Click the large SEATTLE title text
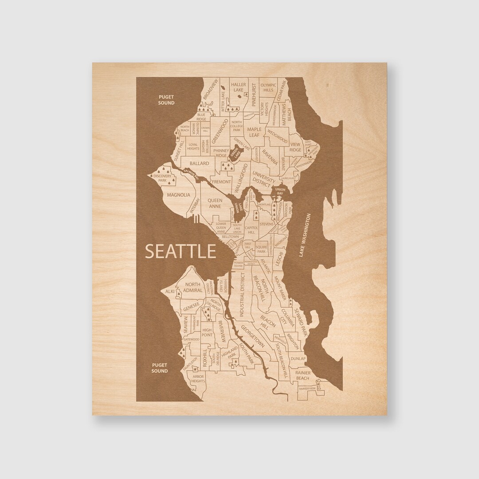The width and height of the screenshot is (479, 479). coord(181,251)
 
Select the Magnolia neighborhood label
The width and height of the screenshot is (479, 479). coord(179,195)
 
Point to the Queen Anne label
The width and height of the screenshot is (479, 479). coord(215,203)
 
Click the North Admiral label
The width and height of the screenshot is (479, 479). coord(193,287)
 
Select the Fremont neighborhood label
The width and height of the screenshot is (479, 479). coord(222,182)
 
